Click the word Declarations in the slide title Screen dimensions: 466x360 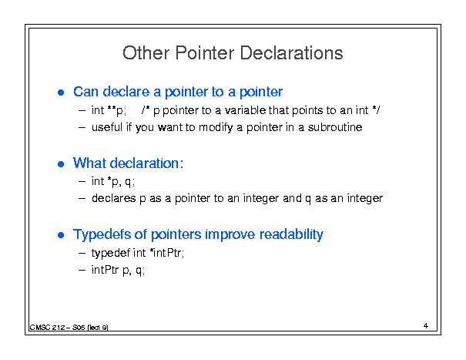291,53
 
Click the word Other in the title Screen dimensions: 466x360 146,53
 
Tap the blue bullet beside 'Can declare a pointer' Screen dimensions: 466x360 61,93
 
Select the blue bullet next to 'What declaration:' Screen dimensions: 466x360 61,164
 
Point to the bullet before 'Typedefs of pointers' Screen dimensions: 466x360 61,235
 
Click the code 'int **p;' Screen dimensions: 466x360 109,111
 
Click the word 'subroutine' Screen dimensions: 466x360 335,127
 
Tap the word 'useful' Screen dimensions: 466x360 107,127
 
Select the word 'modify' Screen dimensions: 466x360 216,128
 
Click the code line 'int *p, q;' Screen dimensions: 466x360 113,181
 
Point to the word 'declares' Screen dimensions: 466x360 113,198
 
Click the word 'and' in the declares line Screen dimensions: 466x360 292,198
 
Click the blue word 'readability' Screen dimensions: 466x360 291,235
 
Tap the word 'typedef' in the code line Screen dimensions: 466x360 111,253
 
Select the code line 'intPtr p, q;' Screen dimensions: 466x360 119,270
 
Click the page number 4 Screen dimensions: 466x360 426,326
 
